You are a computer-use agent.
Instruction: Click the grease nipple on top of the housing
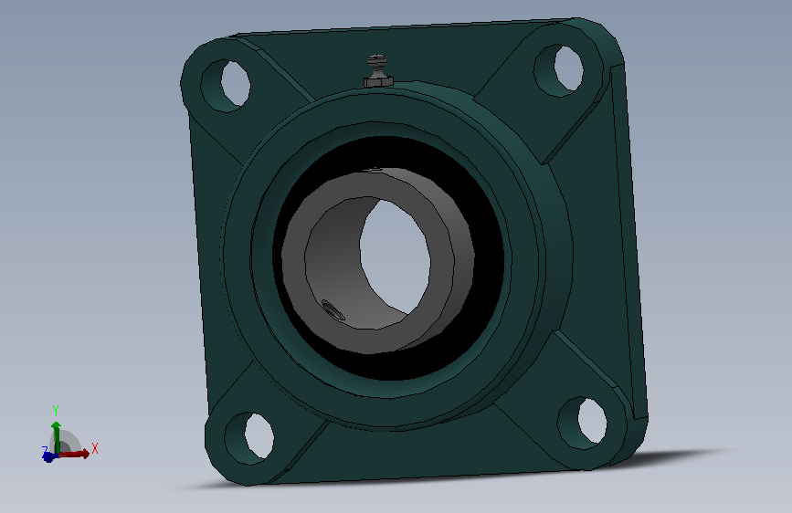tap(378, 71)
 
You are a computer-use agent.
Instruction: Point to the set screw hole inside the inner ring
tap(333, 309)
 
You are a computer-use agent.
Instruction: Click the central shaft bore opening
tap(395, 255)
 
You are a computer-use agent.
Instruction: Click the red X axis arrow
tap(73, 454)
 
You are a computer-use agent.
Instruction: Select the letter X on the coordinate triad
tap(95, 448)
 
